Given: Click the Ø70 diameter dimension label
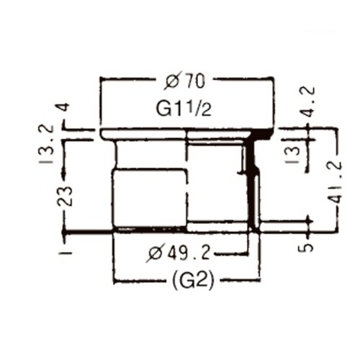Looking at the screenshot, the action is tap(185, 81).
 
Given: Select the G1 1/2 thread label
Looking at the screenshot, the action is tap(184, 109).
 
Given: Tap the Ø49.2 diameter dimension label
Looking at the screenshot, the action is tap(179, 253).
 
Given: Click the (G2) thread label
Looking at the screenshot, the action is tap(193, 280).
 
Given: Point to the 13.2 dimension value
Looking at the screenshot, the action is tap(45, 144).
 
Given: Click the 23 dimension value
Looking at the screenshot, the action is tap(65, 196).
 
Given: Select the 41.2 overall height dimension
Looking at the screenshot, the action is tap(333, 182).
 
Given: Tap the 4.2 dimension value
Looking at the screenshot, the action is tap(307, 102).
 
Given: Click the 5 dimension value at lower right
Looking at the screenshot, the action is tap(305, 247).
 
